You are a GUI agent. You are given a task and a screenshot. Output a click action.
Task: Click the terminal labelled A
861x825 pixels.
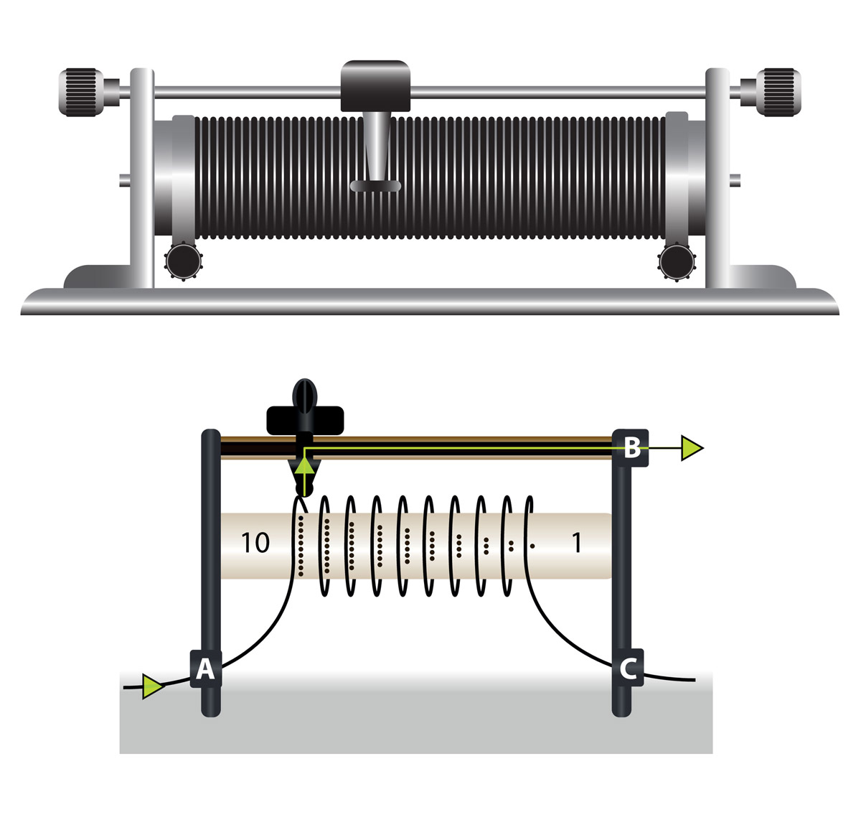206,668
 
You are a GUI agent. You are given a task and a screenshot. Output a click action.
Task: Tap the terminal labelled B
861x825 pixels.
632,448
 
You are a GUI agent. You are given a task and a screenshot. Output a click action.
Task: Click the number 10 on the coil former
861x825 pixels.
255,543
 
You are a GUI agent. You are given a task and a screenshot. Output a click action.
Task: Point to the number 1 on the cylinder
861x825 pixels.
576,543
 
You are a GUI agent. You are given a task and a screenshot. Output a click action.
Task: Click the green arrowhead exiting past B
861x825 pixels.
692,448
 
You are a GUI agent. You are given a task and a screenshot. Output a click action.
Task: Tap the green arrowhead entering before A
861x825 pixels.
153,686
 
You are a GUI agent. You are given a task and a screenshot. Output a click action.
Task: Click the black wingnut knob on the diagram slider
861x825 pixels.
305,412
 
